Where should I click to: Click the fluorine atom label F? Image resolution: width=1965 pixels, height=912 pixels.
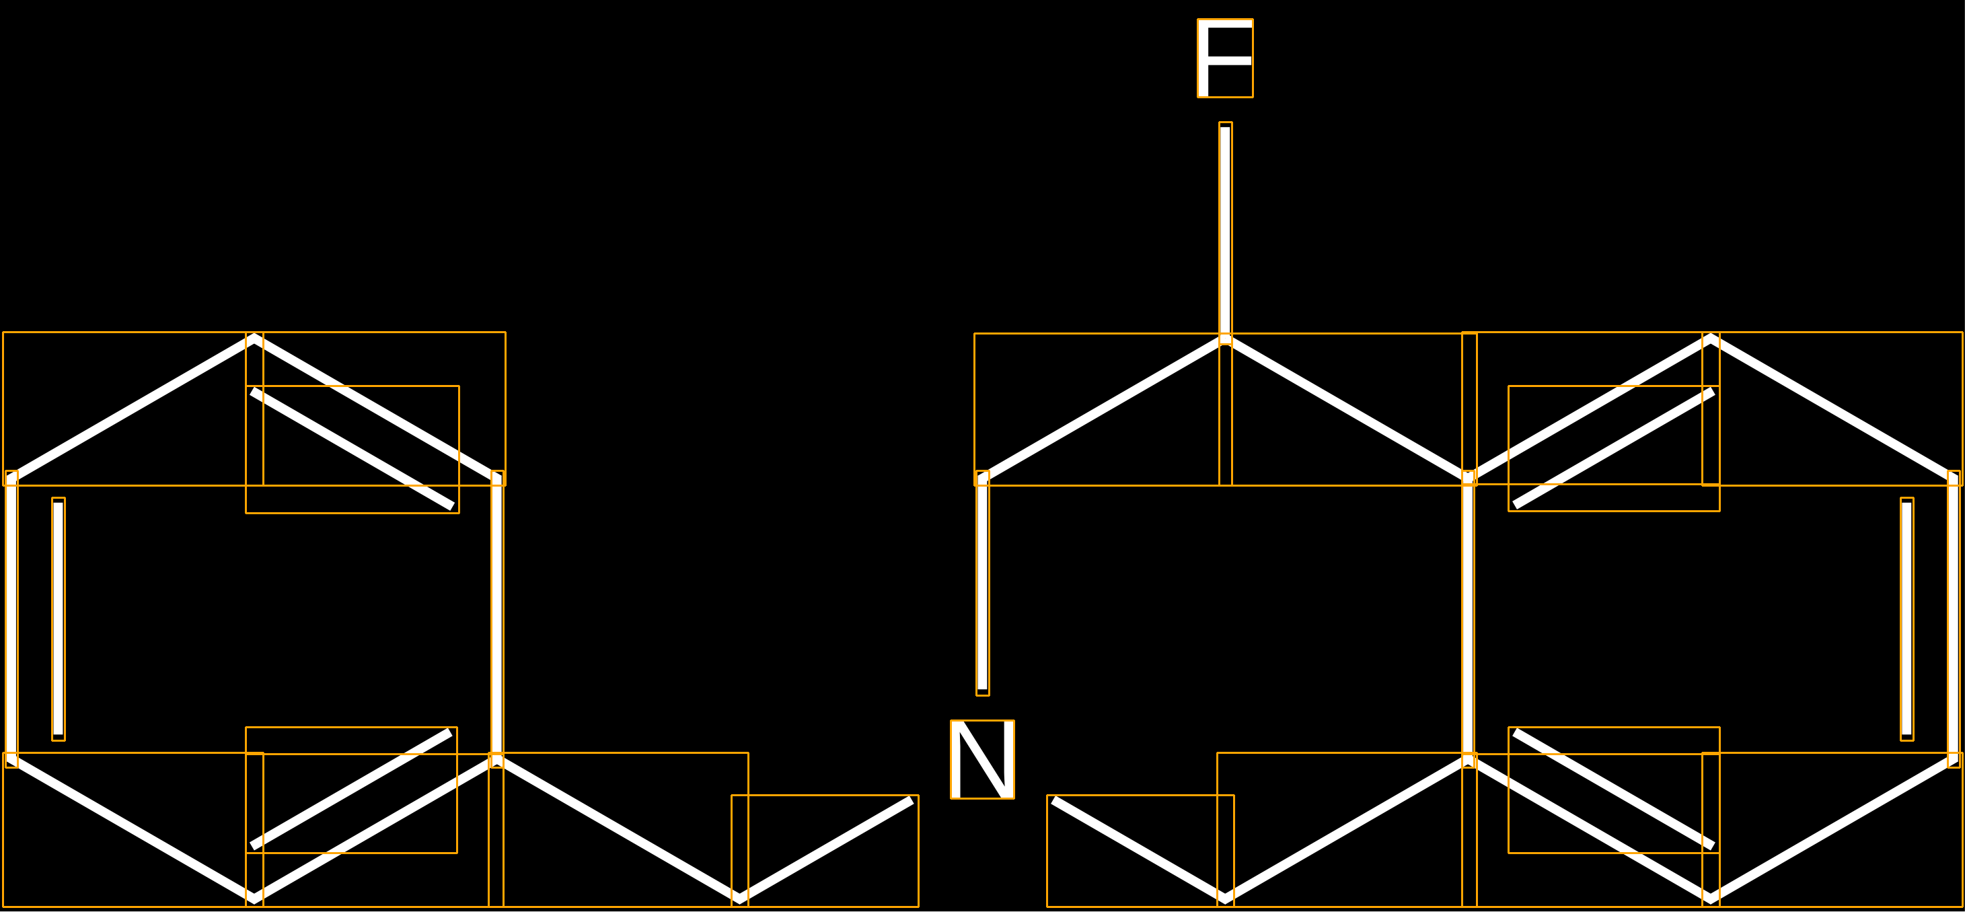(x=1225, y=58)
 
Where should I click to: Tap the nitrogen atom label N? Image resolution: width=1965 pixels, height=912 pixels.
(x=982, y=759)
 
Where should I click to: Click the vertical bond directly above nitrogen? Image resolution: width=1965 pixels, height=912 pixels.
(x=982, y=583)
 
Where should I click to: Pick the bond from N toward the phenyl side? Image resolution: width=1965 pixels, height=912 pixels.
(x=825, y=851)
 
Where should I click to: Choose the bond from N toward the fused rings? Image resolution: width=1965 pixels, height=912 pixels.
(x=1140, y=851)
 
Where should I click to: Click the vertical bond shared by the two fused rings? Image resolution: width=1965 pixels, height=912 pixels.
(x=1469, y=619)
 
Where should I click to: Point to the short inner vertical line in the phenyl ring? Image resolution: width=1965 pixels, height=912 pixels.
(x=59, y=619)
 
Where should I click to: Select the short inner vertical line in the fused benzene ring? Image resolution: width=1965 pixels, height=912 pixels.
(x=1907, y=619)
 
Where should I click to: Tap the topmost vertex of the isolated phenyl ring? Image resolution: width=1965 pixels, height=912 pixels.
(x=254, y=339)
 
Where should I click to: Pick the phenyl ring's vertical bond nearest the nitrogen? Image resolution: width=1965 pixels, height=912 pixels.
(x=496, y=619)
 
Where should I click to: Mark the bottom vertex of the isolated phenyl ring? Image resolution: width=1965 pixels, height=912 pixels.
(x=254, y=899)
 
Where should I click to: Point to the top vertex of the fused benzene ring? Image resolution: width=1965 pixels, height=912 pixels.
(x=1711, y=339)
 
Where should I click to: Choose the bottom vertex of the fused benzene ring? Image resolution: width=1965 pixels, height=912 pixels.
(x=1711, y=899)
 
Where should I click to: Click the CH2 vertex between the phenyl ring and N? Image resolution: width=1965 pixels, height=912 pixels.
(x=739, y=899)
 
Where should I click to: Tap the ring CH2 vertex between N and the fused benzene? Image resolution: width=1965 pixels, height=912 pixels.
(x=1225, y=899)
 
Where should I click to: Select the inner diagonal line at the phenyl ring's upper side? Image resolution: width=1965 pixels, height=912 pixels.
(x=353, y=450)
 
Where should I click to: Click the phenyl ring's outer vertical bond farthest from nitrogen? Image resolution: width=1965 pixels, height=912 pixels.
(x=11, y=619)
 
